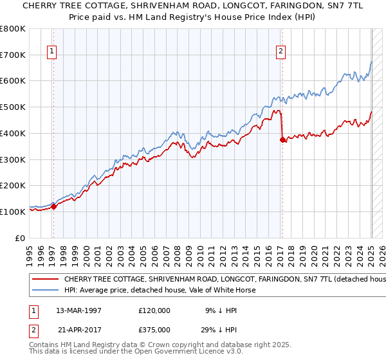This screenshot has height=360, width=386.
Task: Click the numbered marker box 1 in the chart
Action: [51, 53]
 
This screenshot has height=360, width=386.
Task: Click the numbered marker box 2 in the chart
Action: [281, 53]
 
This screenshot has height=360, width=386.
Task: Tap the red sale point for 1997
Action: [54, 206]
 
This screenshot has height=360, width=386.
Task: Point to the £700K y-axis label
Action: [13, 55]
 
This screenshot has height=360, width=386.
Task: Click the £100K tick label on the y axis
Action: [13, 212]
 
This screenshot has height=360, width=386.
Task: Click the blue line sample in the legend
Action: [46, 290]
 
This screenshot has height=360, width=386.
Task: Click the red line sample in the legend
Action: [46, 280]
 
